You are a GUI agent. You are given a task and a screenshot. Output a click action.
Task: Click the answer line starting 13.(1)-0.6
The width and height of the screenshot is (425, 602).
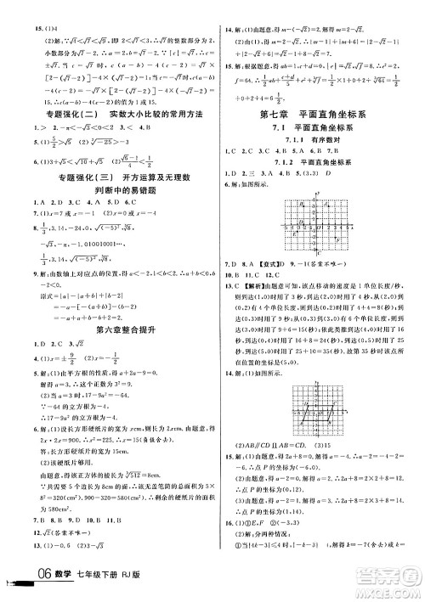click(42, 558)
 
